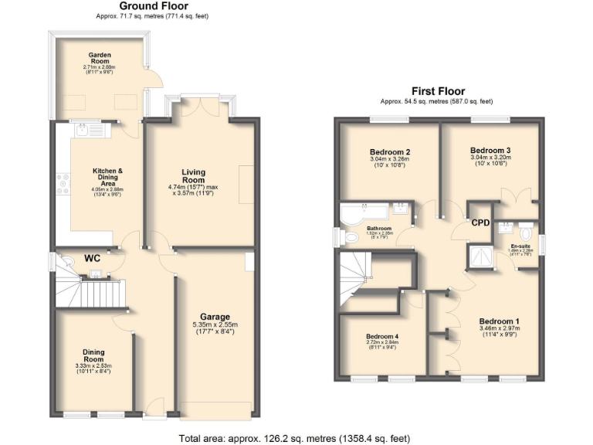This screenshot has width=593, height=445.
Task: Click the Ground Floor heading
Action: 153,6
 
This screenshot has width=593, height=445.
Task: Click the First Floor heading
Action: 436,91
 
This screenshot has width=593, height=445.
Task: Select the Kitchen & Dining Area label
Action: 108,175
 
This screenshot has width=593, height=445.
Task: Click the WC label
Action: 93,260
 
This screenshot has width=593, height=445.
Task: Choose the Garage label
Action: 216,317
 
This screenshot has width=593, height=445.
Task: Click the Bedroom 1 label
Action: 499,321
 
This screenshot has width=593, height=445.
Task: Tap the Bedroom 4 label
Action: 382,337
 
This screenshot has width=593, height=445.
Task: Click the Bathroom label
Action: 378,229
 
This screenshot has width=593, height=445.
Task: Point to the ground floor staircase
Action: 86,292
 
